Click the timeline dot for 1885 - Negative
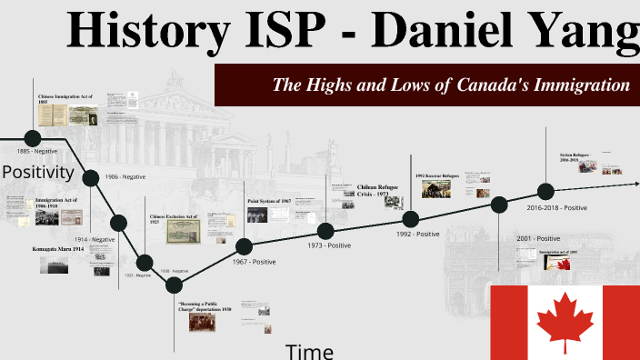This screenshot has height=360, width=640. (x=33, y=138)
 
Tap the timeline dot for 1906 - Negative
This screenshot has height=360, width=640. (x=92, y=176)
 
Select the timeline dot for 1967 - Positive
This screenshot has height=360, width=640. (x=244, y=246)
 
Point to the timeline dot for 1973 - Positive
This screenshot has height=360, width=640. (x=325, y=231)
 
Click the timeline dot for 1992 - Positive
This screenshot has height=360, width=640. (x=410, y=218)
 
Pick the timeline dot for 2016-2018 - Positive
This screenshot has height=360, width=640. (x=545, y=192)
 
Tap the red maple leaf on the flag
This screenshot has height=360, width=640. (x=565, y=323)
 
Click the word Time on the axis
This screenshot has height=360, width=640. (x=309, y=351)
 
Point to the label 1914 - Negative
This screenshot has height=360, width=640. (x=95, y=239)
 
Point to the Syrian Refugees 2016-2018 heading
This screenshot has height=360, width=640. (x=576, y=157)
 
